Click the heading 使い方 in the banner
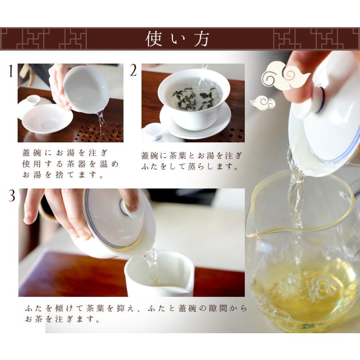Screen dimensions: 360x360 (x=177, y=39)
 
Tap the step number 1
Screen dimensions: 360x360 (x=10, y=71)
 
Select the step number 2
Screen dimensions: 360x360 (x=133, y=70)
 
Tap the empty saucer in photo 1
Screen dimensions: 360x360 (x=47, y=118)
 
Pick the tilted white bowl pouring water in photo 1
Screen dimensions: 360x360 (x=86, y=90)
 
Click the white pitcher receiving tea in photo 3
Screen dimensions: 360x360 (x=159, y=274)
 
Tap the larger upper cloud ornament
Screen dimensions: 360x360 (x=286, y=76)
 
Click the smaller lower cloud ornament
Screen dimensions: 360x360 (x=262, y=103)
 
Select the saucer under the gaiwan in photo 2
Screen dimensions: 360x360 (x=195, y=122)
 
